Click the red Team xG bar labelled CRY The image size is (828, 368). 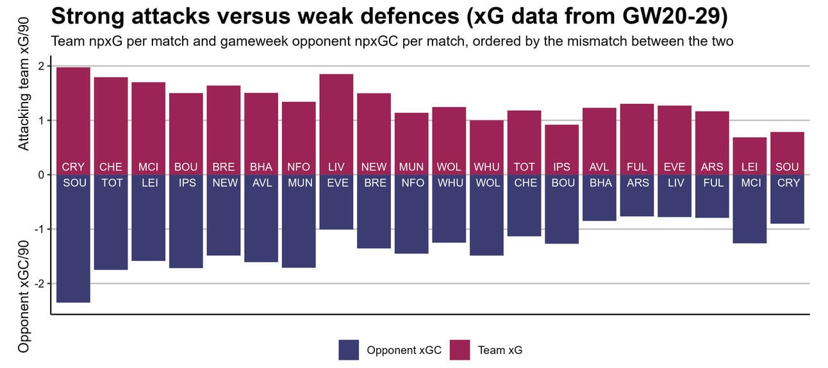73,115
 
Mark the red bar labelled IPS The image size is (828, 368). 561,144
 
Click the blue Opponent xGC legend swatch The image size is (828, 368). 349,350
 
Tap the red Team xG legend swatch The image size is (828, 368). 460,350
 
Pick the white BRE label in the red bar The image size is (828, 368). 224,167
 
